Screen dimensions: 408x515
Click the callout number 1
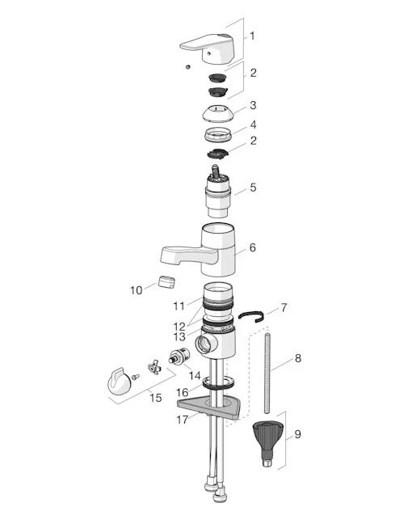(x=252, y=36)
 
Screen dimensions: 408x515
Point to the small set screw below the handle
(x=188, y=66)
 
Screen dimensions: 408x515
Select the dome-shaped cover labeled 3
(x=217, y=114)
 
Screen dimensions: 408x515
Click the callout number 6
(x=252, y=247)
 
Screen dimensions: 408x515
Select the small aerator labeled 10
(x=166, y=282)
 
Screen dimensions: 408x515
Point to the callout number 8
(x=297, y=358)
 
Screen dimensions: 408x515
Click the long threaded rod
(x=267, y=374)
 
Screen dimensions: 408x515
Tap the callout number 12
(x=179, y=327)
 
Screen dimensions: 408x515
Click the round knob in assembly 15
(x=119, y=382)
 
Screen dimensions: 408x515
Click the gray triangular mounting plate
(x=210, y=409)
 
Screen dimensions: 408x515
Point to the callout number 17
(x=183, y=420)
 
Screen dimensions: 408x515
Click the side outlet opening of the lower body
(x=204, y=344)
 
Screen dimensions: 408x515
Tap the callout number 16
(x=182, y=392)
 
